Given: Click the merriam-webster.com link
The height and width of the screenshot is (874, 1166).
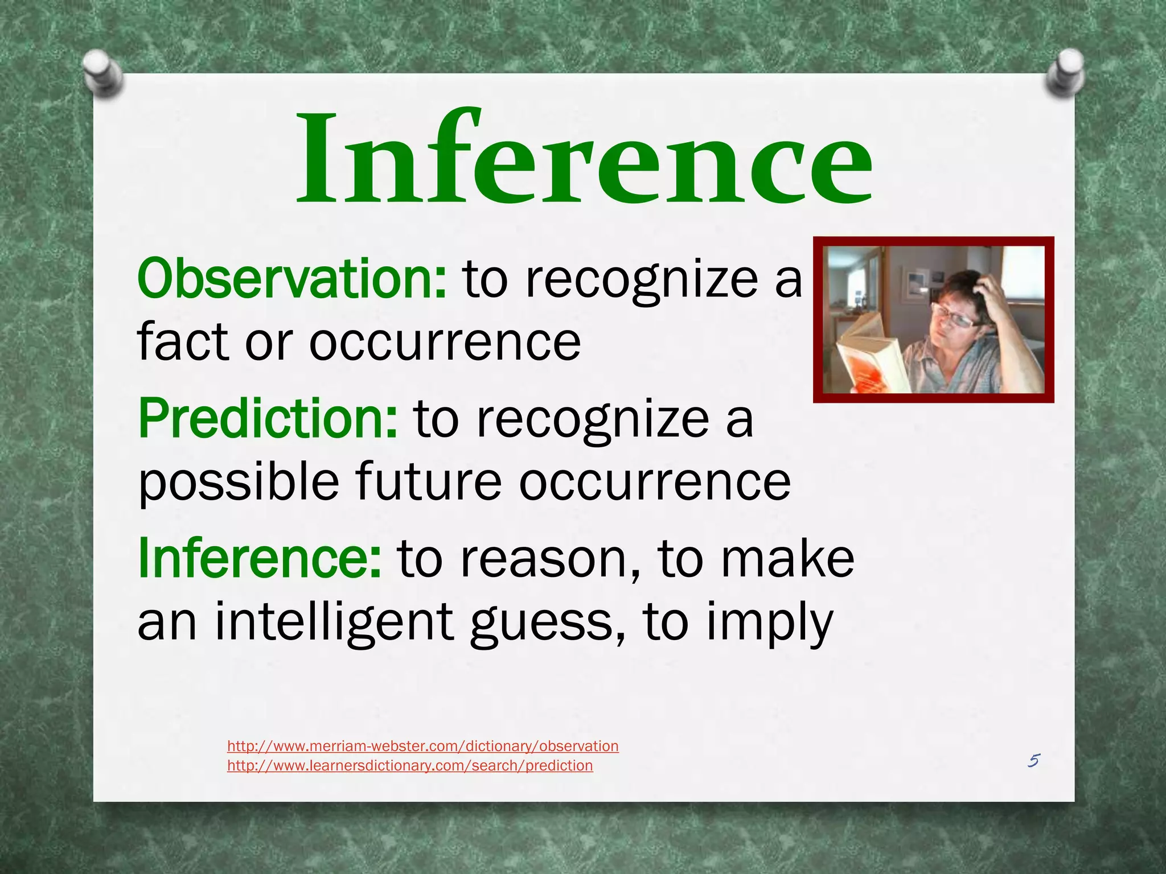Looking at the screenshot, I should [x=422, y=746].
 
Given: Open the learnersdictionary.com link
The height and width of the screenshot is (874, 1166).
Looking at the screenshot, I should [x=410, y=766].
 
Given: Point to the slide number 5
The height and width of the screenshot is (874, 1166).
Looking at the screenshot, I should [x=1034, y=761].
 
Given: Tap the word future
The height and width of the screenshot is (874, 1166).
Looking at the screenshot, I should [x=429, y=482].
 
